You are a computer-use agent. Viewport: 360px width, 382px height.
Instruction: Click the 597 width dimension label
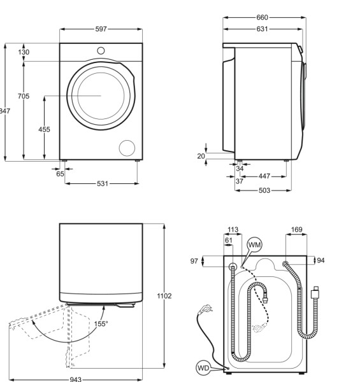[x=101, y=29]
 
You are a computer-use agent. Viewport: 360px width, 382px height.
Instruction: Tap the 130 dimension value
[x=24, y=52]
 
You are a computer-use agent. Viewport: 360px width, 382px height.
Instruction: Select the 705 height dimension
[x=24, y=96]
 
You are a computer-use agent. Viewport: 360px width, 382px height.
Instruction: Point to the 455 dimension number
[x=44, y=129]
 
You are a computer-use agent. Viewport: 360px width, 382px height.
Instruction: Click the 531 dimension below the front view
[x=102, y=183]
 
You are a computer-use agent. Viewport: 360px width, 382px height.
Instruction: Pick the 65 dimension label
[x=60, y=173]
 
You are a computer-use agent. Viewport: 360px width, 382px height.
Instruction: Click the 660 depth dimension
[x=262, y=17]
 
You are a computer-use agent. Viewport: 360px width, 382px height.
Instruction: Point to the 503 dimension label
[x=264, y=190]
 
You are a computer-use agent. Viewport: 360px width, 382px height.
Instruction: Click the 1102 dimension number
[x=164, y=296]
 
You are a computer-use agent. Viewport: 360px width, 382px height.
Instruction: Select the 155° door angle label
[x=101, y=323]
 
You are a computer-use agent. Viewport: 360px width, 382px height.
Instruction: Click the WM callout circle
[x=254, y=245]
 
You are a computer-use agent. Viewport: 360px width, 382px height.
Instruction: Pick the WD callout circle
[x=204, y=367]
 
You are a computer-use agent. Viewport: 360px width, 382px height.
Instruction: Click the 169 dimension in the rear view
[x=296, y=230]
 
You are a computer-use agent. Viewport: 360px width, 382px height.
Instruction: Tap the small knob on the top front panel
[x=101, y=50]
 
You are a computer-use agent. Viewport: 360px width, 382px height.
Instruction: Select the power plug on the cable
[x=205, y=310]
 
